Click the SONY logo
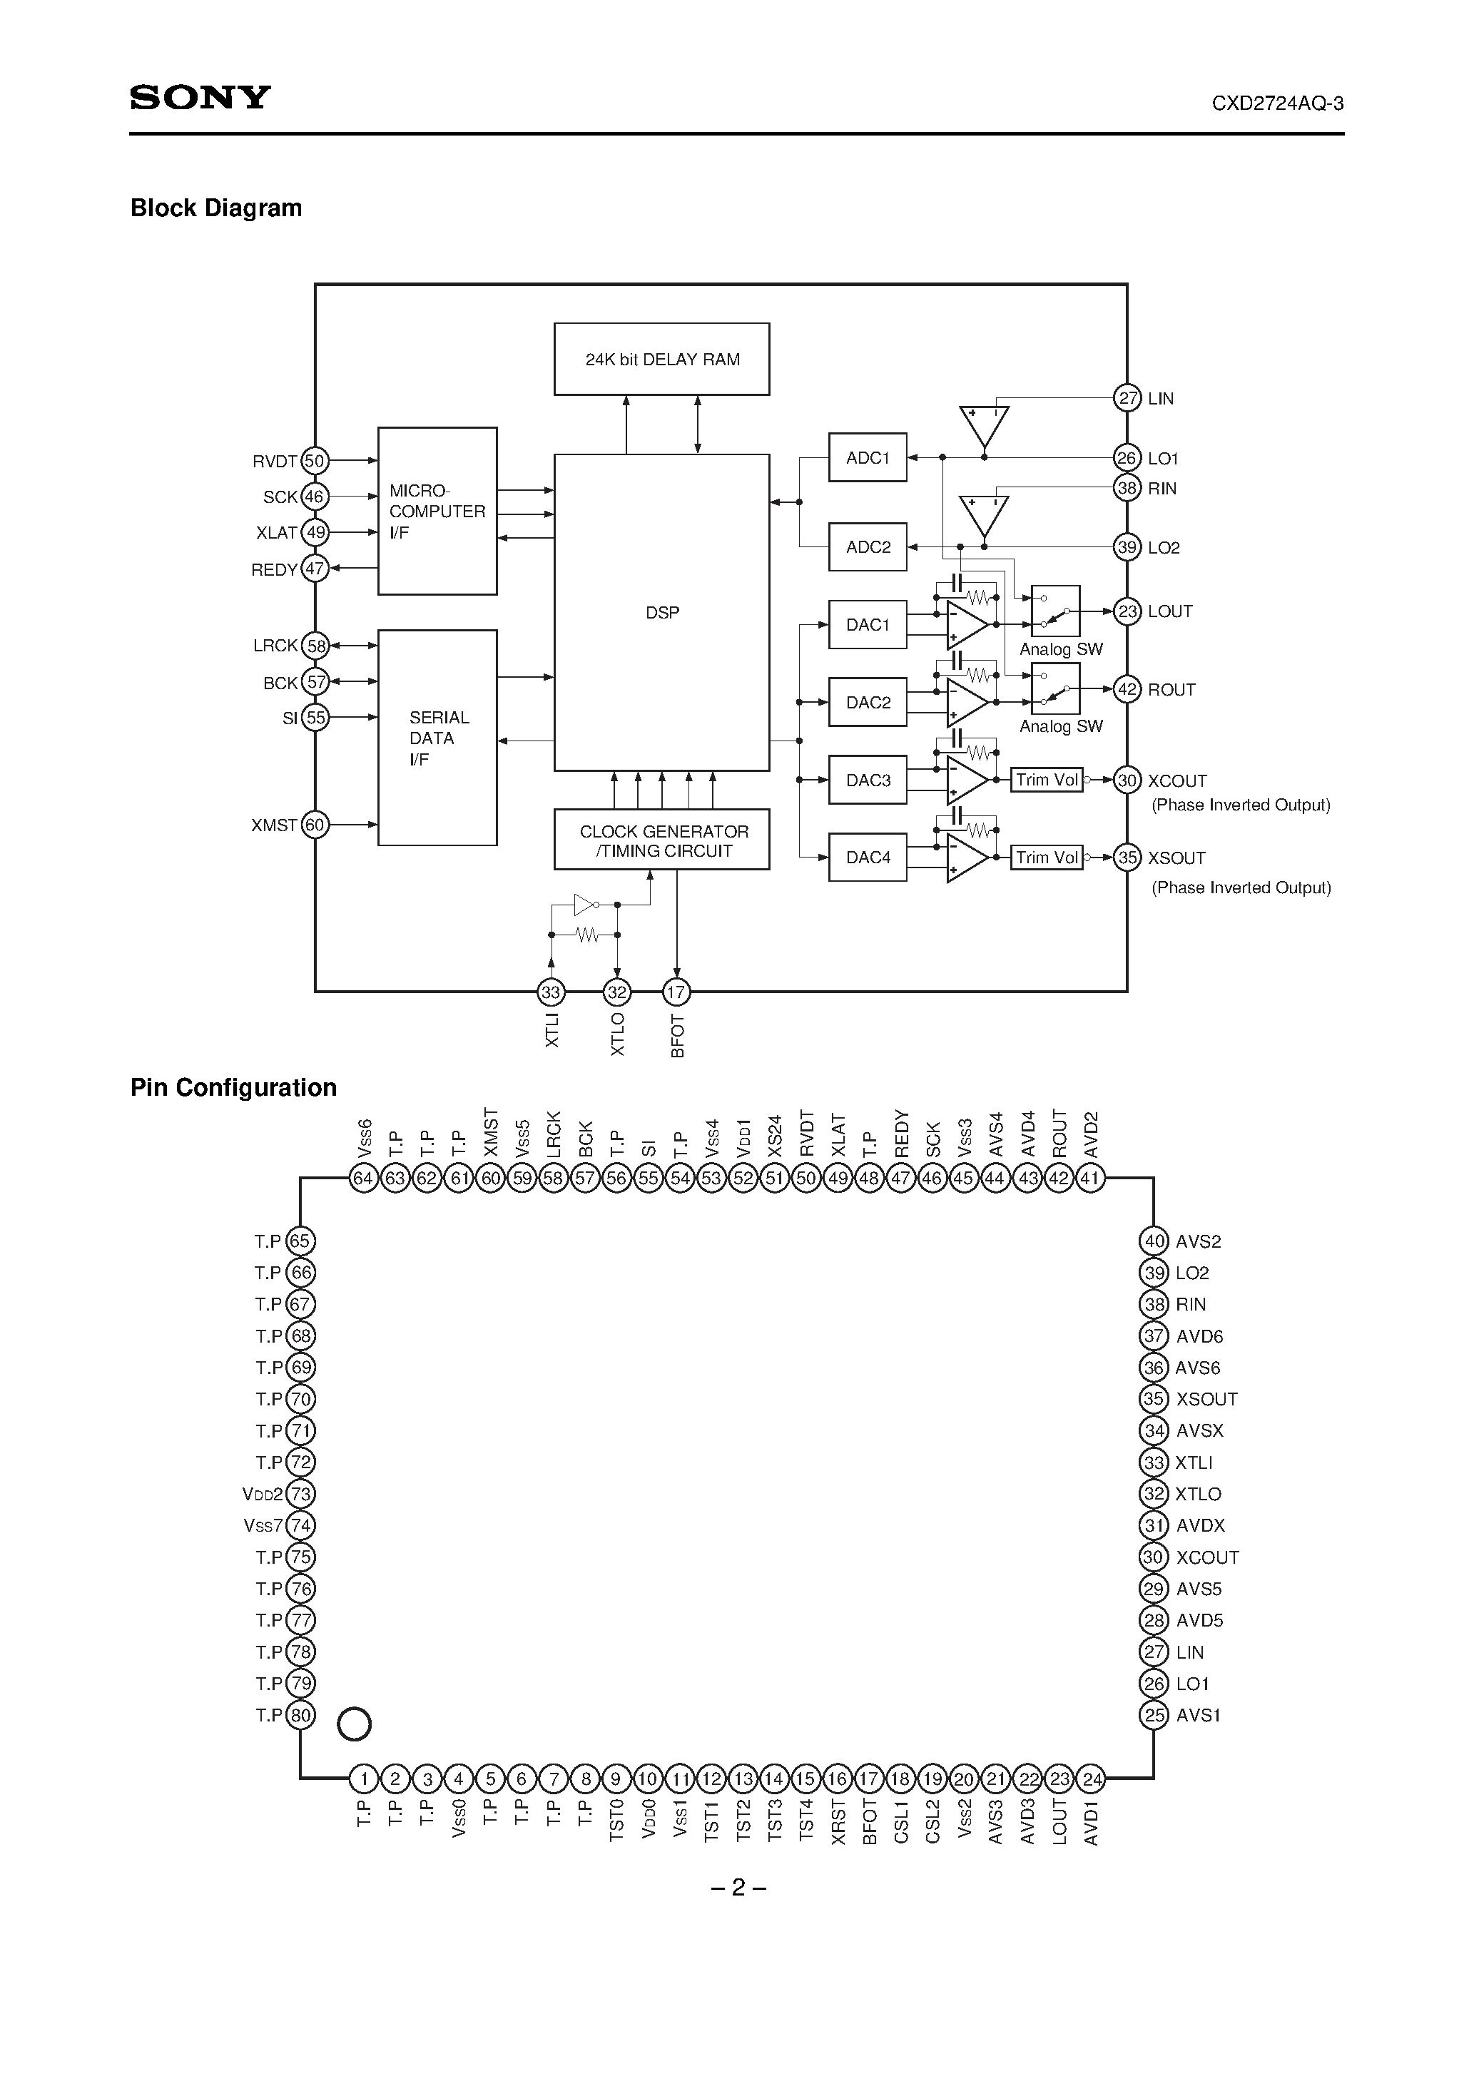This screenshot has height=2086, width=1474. coord(200,97)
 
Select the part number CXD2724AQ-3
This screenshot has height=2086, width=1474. coord(1277,103)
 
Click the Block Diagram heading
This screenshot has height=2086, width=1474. coord(215,208)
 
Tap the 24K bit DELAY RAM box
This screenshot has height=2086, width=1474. coord(661,359)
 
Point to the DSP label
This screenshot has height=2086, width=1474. coord(661,614)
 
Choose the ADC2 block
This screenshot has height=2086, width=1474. coord(867,547)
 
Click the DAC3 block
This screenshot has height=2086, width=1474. coord(867,780)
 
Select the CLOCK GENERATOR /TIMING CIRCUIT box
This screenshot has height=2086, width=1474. coord(661,840)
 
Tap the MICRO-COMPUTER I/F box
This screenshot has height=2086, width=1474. coord(437,512)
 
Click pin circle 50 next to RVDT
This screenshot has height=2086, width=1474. coord(315,461)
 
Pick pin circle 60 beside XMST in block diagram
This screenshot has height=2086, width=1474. coord(315,825)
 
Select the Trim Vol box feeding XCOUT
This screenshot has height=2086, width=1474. coord(1046,780)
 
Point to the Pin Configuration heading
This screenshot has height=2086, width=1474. coord(233,1087)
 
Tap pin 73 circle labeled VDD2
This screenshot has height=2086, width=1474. coord(300,1495)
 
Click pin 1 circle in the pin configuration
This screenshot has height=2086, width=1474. coord(363,1780)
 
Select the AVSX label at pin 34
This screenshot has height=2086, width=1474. coord(1199,1431)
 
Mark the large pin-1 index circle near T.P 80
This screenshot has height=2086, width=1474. coord(355,1724)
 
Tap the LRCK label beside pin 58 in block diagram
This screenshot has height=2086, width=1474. coord(275,646)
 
